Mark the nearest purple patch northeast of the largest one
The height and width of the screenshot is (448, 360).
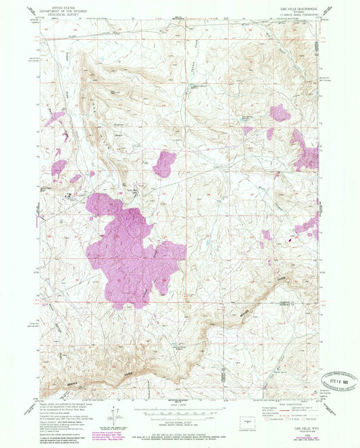coord(164,164)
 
